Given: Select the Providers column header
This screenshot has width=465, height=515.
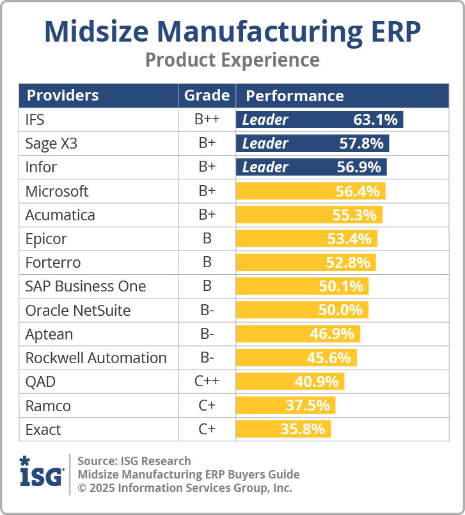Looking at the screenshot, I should pyautogui.click(x=62, y=96).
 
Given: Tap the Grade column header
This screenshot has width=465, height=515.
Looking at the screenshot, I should pyautogui.click(x=207, y=96).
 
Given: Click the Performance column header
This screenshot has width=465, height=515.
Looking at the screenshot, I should pyautogui.click(x=295, y=96).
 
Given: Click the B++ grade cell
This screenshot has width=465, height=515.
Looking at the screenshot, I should pyautogui.click(x=207, y=120).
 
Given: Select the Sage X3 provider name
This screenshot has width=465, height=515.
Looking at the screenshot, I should pyautogui.click(x=51, y=143).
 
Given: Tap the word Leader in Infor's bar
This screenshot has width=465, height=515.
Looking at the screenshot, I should pyautogui.click(x=265, y=167).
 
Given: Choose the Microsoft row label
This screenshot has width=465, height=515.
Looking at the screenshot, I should pyautogui.click(x=57, y=191).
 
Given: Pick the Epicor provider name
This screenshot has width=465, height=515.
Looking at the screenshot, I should pyautogui.click(x=46, y=239).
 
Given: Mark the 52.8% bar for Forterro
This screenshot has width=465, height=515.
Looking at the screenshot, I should pyautogui.click(x=306, y=263).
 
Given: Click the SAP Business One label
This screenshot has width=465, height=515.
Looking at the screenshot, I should pyautogui.click(x=86, y=286).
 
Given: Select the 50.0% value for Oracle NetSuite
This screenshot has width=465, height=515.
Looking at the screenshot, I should pyautogui.click(x=340, y=310).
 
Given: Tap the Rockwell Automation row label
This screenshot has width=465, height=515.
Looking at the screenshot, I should pyautogui.click(x=96, y=357).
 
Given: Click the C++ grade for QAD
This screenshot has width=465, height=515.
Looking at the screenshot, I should pyautogui.click(x=207, y=382).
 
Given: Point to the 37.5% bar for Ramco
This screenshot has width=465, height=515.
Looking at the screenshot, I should pyautogui.click(x=285, y=405).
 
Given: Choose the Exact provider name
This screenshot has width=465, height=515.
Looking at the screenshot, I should pyautogui.click(x=42, y=429).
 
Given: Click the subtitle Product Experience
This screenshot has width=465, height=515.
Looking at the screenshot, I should pyautogui.click(x=232, y=60).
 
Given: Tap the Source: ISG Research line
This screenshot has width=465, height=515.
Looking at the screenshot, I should pyautogui.click(x=134, y=461).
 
